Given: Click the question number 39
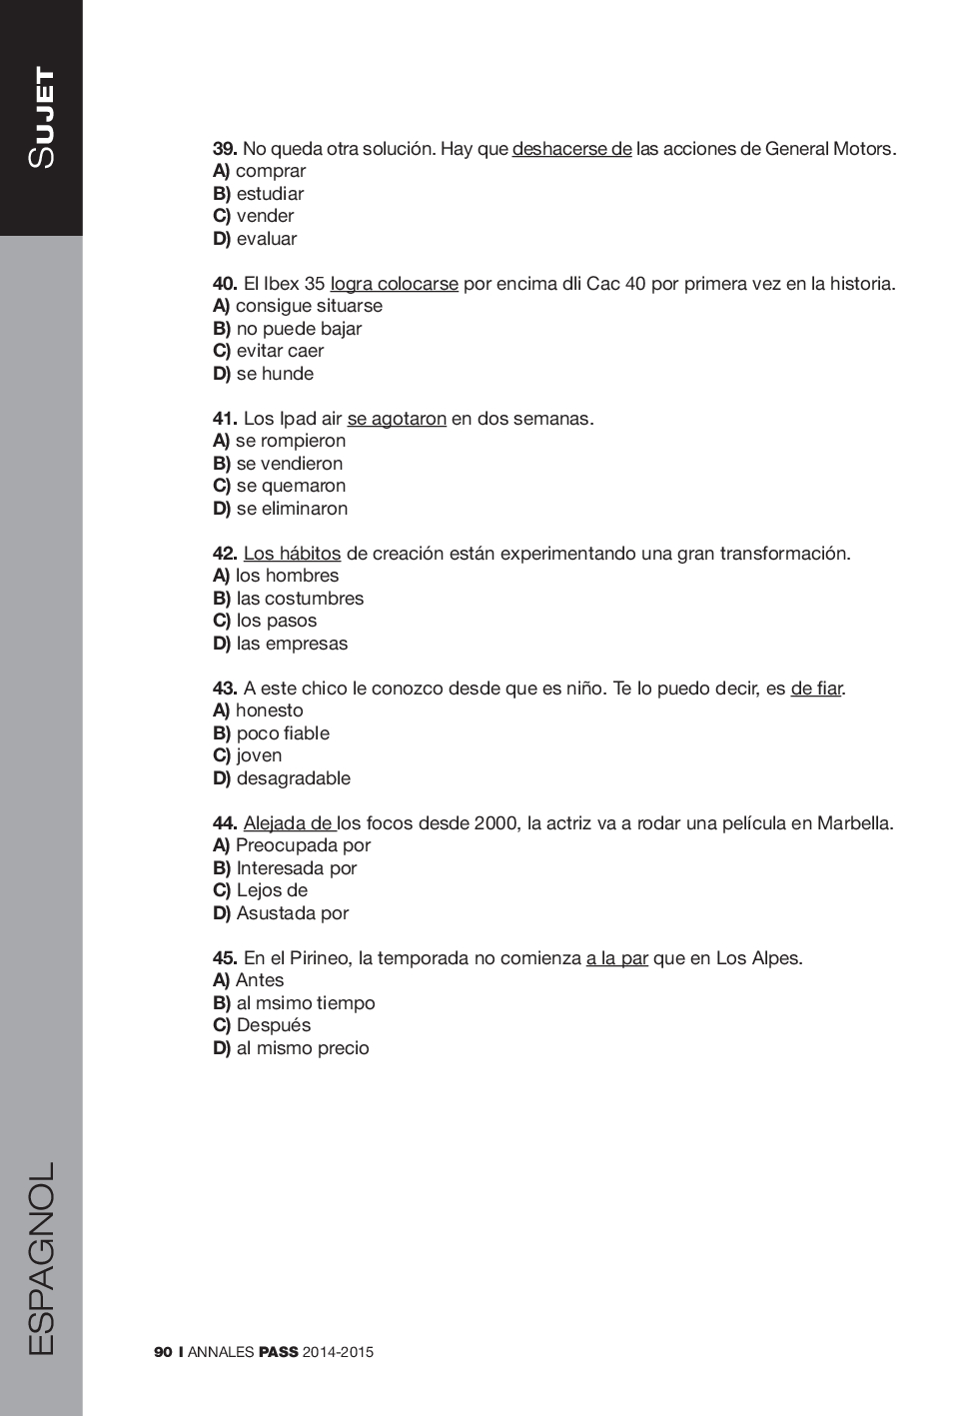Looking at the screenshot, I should (x=224, y=149).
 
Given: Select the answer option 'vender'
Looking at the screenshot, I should (x=265, y=216).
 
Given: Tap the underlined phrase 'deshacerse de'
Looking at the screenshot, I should (x=571, y=149).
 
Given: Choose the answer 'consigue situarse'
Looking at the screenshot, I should (x=309, y=306).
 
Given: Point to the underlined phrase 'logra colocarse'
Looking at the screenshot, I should (x=394, y=284).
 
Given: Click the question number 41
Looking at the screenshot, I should (x=224, y=419).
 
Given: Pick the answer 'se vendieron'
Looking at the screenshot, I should (x=289, y=464).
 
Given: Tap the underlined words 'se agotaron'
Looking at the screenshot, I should (x=397, y=419).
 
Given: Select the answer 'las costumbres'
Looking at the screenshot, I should (x=300, y=599).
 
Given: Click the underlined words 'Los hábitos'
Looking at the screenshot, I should (x=292, y=554).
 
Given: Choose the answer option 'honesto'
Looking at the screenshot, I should (x=269, y=710).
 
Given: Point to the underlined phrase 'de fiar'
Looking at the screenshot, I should (x=816, y=689).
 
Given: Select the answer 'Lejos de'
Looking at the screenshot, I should (x=272, y=890).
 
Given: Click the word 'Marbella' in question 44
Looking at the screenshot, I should (x=853, y=823).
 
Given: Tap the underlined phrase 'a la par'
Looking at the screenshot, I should (x=616, y=958).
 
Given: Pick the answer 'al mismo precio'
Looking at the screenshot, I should (x=303, y=1048).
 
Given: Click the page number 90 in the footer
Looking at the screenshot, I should (x=163, y=1352).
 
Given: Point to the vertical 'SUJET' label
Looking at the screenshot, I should (x=42, y=117).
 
